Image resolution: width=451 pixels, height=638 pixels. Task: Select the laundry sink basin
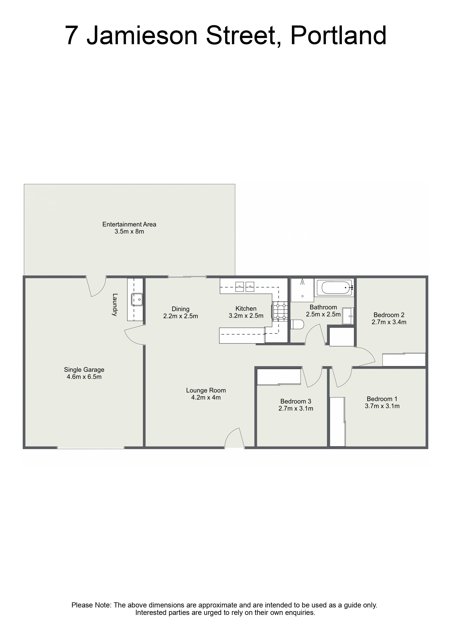pyautogui.click(x=137, y=300)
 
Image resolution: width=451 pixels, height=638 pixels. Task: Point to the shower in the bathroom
pyautogui.click(x=302, y=290)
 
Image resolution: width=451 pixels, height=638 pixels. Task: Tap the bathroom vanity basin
pyautogui.click(x=348, y=316)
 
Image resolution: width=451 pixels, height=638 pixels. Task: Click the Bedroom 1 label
pyautogui.click(x=382, y=399)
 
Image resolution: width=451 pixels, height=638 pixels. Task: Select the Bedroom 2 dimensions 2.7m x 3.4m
pyautogui.click(x=389, y=322)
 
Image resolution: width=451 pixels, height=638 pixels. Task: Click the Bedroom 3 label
pyautogui.click(x=296, y=402)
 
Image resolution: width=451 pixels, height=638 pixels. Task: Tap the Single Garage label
pyautogui.click(x=84, y=370)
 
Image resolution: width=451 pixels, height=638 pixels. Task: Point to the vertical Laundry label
pyautogui.click(x=115, y=305)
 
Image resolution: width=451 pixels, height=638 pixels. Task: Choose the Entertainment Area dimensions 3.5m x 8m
pyautogui.click(x=129, y=232)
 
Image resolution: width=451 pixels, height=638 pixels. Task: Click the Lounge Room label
pyautogui.click(x=206, y=390)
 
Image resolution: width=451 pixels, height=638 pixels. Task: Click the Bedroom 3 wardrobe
pyautogui.click(x=279, y=377)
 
